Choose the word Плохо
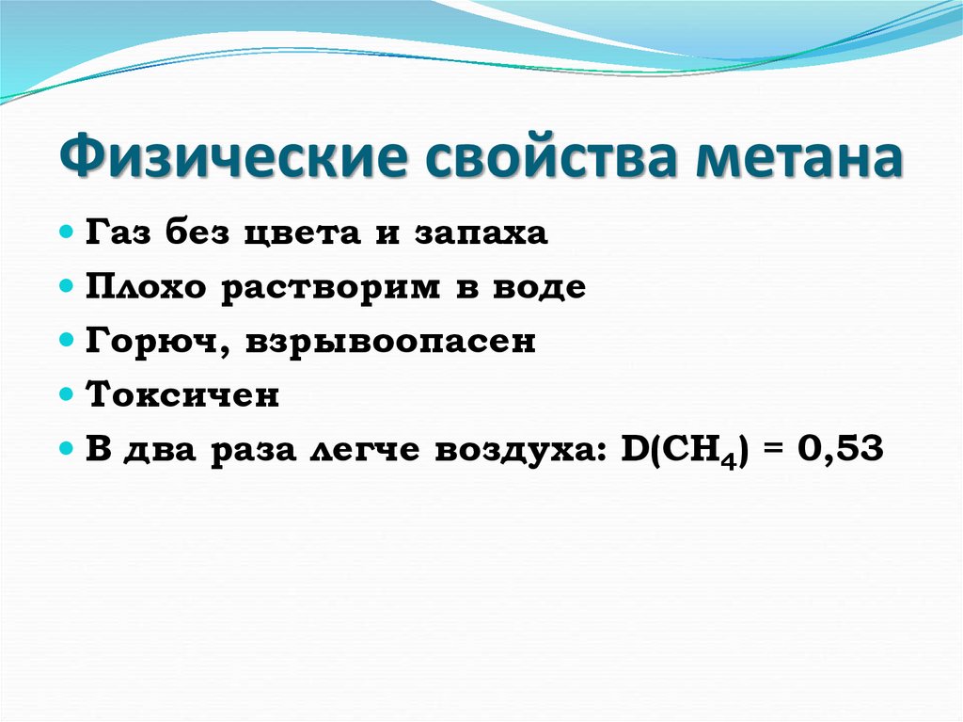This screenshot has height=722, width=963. pyautogui.click(x=148, y=287)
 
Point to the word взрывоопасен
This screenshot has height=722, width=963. pyautogui.click(x=391, y=342)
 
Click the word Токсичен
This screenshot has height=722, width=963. pyautogui.click(x=183, y=395)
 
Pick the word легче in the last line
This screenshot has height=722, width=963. pyautogui.click(x=365, y=451)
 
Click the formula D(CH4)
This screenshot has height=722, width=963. pyautogui.click(x=686, y=452)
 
